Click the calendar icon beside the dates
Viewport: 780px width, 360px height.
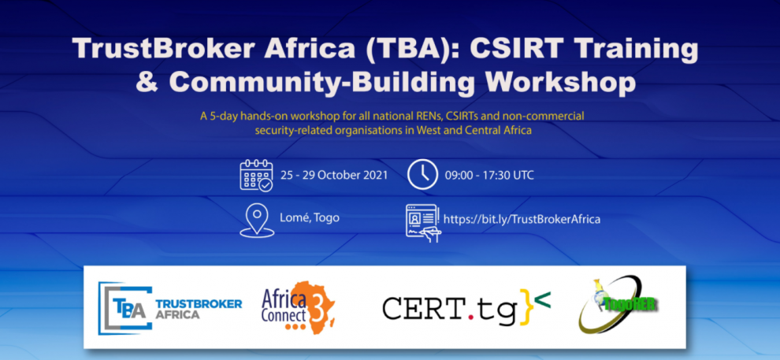click(x=256, y=175)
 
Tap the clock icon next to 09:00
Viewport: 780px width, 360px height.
click(x=422, y=175)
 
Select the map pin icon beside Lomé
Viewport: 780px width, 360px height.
click(x=257, y=221)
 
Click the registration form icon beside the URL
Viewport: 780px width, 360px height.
click(x=422, y=223)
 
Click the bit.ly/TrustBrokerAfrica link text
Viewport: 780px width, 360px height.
click(x=522, y=219)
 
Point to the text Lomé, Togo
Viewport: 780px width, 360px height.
click(x=310, y=217)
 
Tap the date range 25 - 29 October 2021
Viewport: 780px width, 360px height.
click(x=334, y=176)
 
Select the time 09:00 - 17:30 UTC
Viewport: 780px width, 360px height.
click(x=489, y=176)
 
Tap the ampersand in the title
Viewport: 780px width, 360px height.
click(x=148, y=83)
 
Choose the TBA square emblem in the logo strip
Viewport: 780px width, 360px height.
click(x=124, y=308)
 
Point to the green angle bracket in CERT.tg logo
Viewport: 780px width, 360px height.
click(x=543, y=299)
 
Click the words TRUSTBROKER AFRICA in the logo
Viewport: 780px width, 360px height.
click(x=199, y=309)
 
